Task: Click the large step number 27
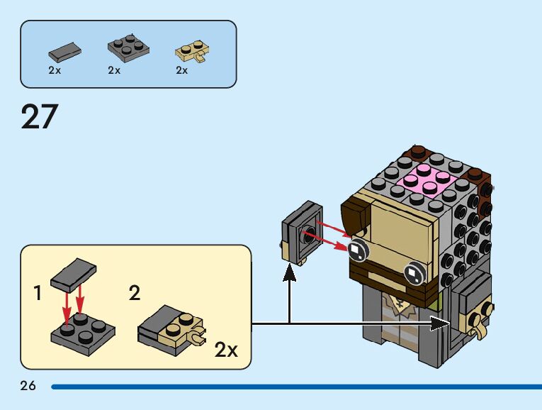point(39,117)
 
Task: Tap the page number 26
point(28,386)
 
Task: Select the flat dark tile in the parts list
point(64,50)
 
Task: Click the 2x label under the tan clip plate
point(182,70)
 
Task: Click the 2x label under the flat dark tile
point(55,70)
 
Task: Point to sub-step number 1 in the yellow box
point(38,293)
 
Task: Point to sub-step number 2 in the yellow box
point(135,293)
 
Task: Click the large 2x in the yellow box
point(227,349)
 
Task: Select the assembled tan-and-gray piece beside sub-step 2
point(170,331)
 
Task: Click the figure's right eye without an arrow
point(412,270)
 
